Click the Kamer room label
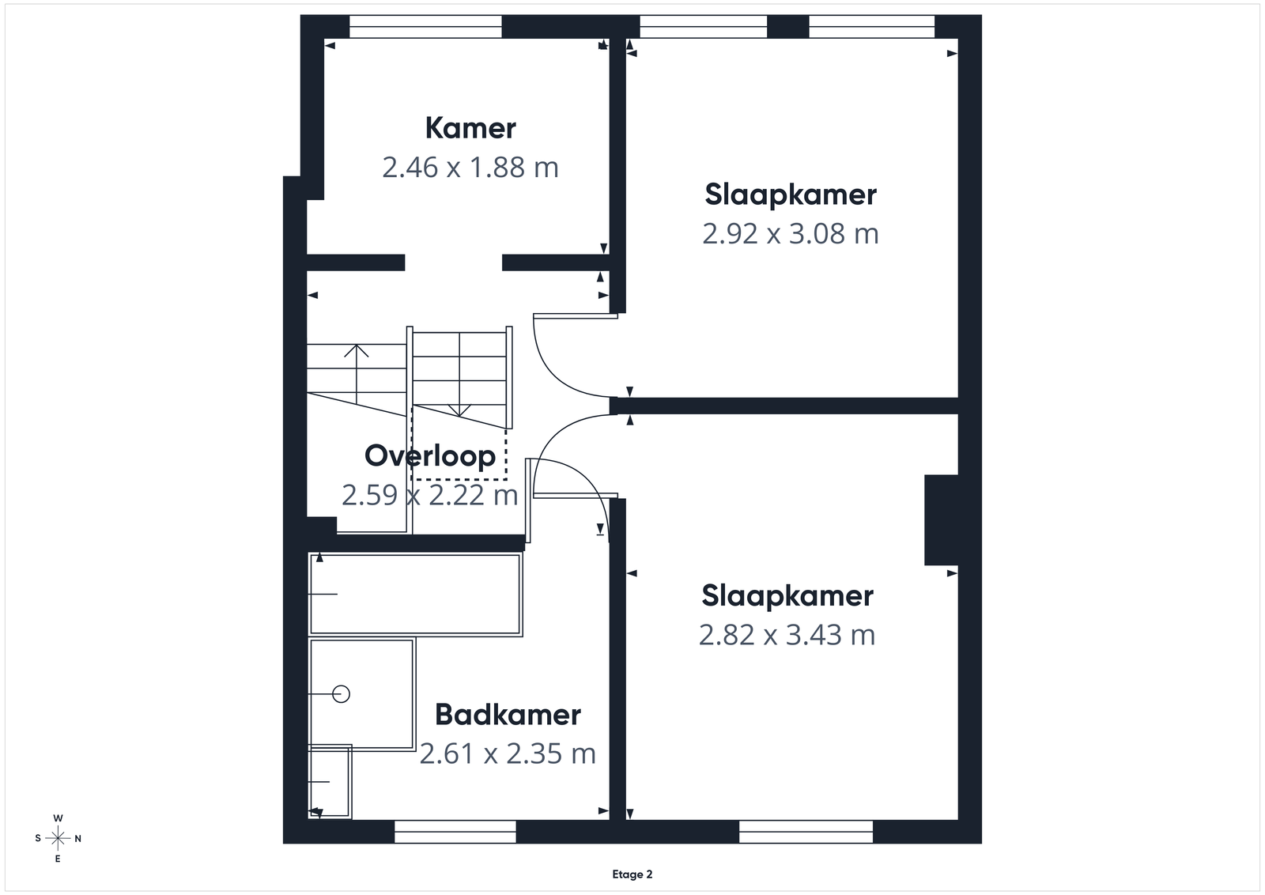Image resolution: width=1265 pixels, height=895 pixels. tap(470, 128)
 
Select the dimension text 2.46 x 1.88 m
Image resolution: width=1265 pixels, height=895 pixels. tap(470, 168)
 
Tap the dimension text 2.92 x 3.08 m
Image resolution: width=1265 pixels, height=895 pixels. tap(791, 234)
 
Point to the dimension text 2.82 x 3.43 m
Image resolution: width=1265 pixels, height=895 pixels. tap(787, 635)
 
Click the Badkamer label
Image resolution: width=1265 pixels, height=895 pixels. tap(508, 715)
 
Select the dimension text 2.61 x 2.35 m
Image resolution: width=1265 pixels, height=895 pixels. tap(508, 753)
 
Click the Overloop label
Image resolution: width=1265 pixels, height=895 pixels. tap(430, 455)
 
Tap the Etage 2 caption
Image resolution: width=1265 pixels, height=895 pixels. tap(632, 874)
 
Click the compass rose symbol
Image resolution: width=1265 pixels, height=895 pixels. tap(58, 839)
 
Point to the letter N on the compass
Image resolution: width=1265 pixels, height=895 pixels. tap(78, 839)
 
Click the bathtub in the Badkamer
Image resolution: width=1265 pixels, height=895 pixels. tap(415, 594)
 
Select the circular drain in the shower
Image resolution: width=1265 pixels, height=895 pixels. tap(341, 693)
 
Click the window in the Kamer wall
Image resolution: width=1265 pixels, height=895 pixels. tap(425, 27)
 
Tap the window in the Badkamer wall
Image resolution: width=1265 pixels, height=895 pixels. tap(455, 832)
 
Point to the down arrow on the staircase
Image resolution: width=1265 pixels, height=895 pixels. tap(459, 410)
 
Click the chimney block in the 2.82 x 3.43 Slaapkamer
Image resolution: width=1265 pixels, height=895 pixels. tap(941, 519)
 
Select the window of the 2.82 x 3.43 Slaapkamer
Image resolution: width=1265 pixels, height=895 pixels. tap(806, 832)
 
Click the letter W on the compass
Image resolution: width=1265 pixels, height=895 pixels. tap(58, 818)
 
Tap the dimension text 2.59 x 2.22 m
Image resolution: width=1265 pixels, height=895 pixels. tap(430, 495)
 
